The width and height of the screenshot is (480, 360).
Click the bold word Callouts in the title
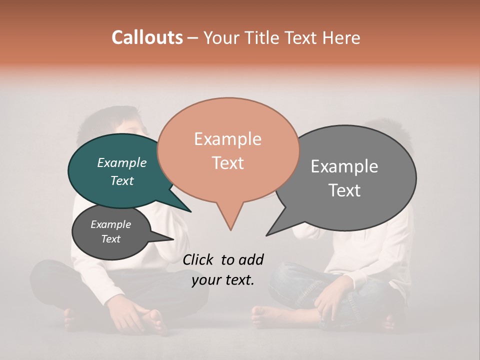coord(147,37)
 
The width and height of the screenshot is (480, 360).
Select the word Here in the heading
coord(342,38)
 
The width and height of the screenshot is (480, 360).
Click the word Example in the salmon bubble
coord(228,139)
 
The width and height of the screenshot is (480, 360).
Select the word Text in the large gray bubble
coord(344,190)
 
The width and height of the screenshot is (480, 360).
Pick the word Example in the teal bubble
coord(121,163)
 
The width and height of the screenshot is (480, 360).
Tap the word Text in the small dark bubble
coord(111,239)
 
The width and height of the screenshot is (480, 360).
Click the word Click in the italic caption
coord(197,259)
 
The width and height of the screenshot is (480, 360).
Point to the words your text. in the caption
coord(223,280)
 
